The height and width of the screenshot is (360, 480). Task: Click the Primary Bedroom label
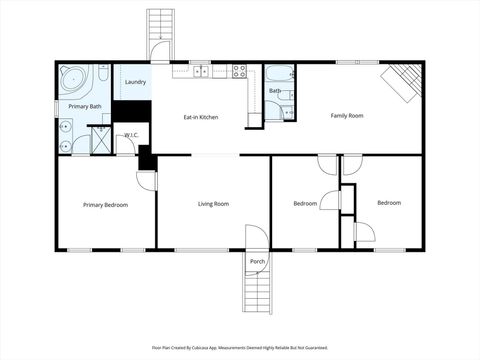coord(105,205)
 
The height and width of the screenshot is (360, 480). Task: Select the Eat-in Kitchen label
coord(200,117)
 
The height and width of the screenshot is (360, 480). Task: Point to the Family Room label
coord(347,116)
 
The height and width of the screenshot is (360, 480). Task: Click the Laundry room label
coord(135,82)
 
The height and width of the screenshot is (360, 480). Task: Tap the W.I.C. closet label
coord(131,135)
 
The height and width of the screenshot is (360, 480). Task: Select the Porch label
coord(257,261)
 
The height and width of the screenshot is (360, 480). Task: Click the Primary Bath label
coord(84,106)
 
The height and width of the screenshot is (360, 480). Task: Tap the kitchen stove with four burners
coord(240,71)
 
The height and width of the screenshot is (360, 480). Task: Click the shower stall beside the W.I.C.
coord(101,140)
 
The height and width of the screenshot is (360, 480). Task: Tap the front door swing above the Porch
coord(258,238)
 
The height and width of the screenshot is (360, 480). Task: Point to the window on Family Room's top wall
coord(350,62)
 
